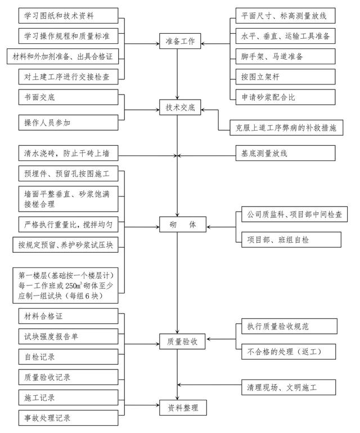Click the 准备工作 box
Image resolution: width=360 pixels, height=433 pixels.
click(x=177, y=43)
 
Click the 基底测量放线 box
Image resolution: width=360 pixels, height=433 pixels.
click(x=285, y=153)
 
